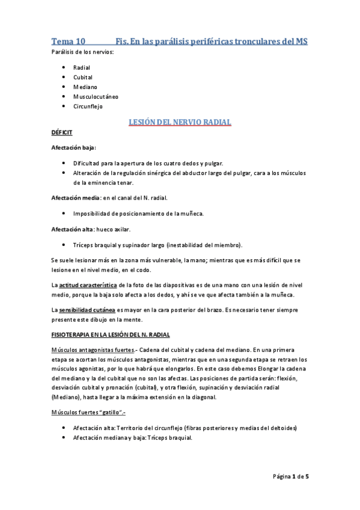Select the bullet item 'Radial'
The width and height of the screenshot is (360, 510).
coord(82,67)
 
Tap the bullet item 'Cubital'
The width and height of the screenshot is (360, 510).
coord(83,77)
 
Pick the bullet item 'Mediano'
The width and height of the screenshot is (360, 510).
coord(85,87)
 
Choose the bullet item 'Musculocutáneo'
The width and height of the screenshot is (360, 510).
coord(96,96)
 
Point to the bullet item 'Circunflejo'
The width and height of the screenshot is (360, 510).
coord(88,106)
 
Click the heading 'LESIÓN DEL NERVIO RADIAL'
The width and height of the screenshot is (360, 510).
coord(180,122)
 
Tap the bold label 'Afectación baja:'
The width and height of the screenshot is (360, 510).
coord(73,147)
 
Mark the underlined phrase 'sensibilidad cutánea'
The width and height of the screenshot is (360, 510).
coord(87,309)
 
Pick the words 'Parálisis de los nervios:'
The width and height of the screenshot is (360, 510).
coord(82,53)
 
